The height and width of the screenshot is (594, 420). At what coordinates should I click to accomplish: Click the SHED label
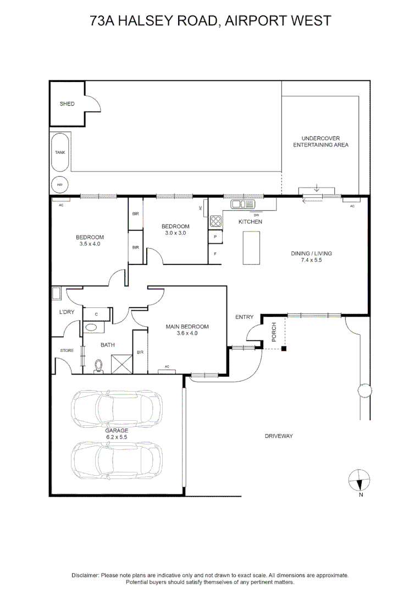click(x=67, y=103)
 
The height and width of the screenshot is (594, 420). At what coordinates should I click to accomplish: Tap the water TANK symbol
click(x=59, y=153)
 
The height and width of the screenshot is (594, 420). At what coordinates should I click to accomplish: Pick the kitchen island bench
click(x=251, y=248)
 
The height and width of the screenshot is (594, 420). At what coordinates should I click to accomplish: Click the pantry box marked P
click(x=215, y=237)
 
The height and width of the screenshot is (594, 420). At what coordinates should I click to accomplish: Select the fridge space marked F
click(x=215, y=254)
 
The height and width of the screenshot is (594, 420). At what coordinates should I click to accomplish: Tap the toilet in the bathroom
click(x=100, y=366)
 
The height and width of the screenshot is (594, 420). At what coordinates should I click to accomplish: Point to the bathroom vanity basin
click(x=91, y=327)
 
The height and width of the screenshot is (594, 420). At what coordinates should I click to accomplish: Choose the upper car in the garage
click(x=117, y=408)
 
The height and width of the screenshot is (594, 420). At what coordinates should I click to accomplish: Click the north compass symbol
click(x=360, y=481)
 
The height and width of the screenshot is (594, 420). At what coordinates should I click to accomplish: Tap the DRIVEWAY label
click(x=279, y=436)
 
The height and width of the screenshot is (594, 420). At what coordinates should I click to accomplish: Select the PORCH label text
click(x=273, y=332)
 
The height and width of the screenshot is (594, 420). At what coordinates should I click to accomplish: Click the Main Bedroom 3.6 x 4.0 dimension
click(x=187, y=333)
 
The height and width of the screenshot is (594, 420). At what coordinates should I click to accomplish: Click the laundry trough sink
click(x=56, y=293)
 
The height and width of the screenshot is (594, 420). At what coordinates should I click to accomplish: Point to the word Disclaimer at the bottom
click(x=85, y=575)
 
